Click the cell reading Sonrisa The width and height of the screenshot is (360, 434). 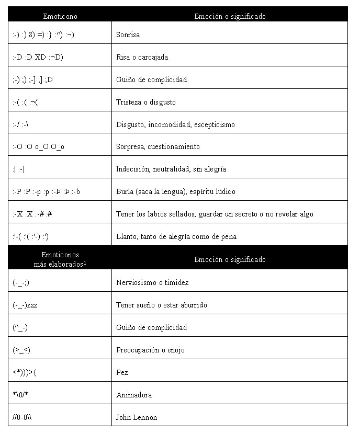click(128, 35)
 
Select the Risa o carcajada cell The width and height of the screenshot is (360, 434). click(142, 58)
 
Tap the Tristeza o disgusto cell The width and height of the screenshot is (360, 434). click(145, 102)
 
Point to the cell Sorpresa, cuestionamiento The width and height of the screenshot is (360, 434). click(157, 147)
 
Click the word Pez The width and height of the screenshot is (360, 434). click(122, 373)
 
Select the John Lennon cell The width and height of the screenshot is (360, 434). click(136, 417)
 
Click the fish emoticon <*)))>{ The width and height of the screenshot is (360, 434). click(25, 373)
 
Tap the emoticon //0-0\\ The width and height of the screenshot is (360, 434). click(24, 417)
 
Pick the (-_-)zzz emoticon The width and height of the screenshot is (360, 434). click(25, 305)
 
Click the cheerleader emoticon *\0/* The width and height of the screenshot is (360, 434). click(21, 395)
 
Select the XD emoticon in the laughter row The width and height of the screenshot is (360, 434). click(40, 58)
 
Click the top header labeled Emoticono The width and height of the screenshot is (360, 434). click(60, 16)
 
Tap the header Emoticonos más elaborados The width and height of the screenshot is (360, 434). click(60, 260)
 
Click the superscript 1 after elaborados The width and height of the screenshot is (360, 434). click(85, 262)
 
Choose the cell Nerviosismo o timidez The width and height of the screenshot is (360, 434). click(152, 283)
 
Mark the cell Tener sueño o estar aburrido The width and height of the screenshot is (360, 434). click(161, 305)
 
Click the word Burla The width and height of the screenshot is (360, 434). click(125, 192)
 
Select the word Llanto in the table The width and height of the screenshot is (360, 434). click(126, 237)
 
